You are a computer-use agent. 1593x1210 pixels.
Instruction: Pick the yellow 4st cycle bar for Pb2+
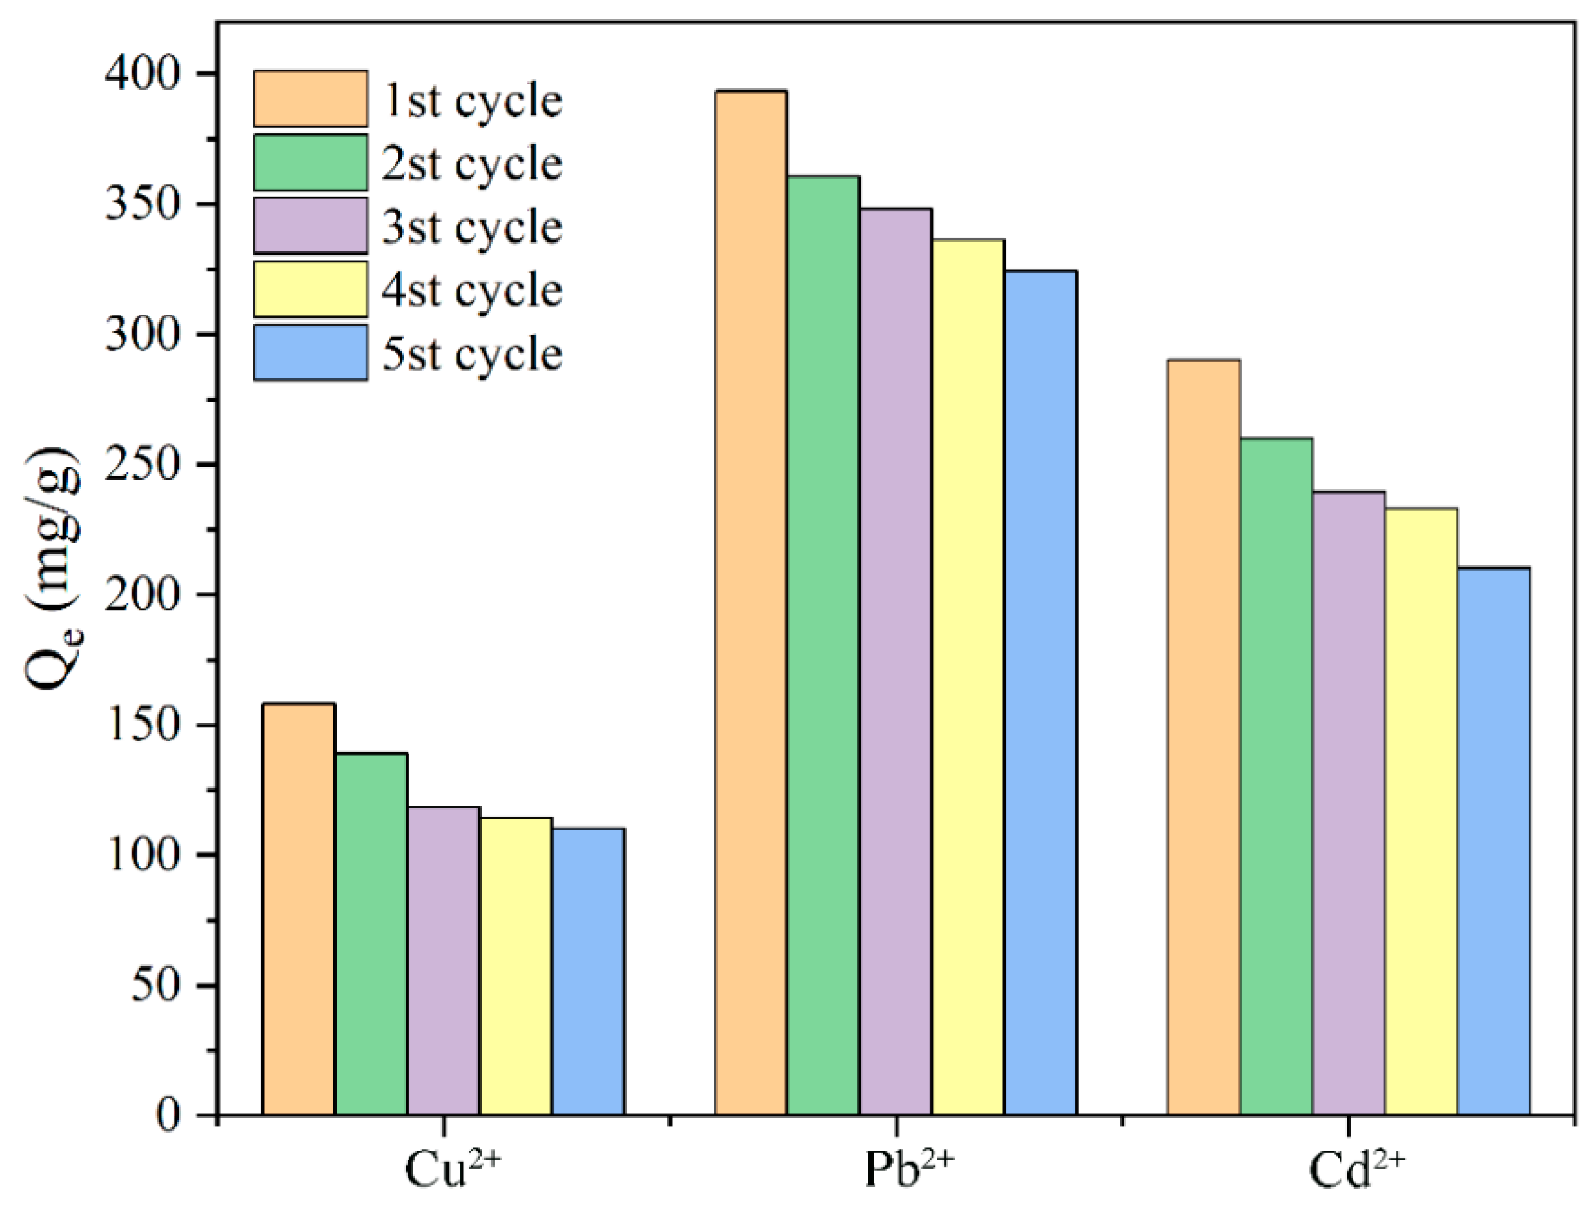pyautogui.click(x=968, y=677)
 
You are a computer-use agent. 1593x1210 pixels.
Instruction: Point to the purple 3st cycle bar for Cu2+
pyautogui.click(x=444, y=961)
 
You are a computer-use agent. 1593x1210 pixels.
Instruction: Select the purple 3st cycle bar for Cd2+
pyautogui.click(x=1349, y=803)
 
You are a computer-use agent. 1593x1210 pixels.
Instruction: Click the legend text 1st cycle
pyautogui.click(x=473, y=100)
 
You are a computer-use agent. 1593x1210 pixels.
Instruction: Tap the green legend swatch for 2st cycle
pyautogui.click(x=311, y=162)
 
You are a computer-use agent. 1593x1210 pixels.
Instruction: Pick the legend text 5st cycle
pyautogui.click(x=473, y=354)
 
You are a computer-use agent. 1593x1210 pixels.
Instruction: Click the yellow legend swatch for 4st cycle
pyautogui.click(x=311, y=289)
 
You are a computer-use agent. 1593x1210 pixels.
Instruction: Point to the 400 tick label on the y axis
pyautogui.click(x=141, y=73)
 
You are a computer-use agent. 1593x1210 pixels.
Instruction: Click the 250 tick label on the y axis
pyautogui.click(x=141, y=465)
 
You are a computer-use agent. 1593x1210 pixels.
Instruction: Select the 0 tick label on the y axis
pyautogui.click(x=167, y=1116)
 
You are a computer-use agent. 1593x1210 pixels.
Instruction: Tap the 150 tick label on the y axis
pyautogui.click(x=141, y=725)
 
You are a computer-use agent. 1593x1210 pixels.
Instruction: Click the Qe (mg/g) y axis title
pyautogui.click(x=53, y=569)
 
